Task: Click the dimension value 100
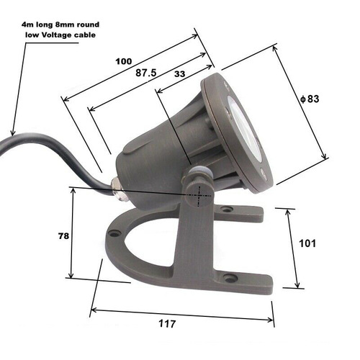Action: tap(124, 61)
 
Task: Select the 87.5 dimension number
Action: tap(146, 73)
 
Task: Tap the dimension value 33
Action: tap(180, 74)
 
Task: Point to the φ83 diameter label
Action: tap(310, 99)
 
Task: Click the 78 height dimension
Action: tap(63, 236)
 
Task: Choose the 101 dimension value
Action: tap(307, 243)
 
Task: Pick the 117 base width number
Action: tap(167, 324)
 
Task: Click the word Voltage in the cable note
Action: tap(57, 35)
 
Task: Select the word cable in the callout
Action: tap(85, 35)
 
